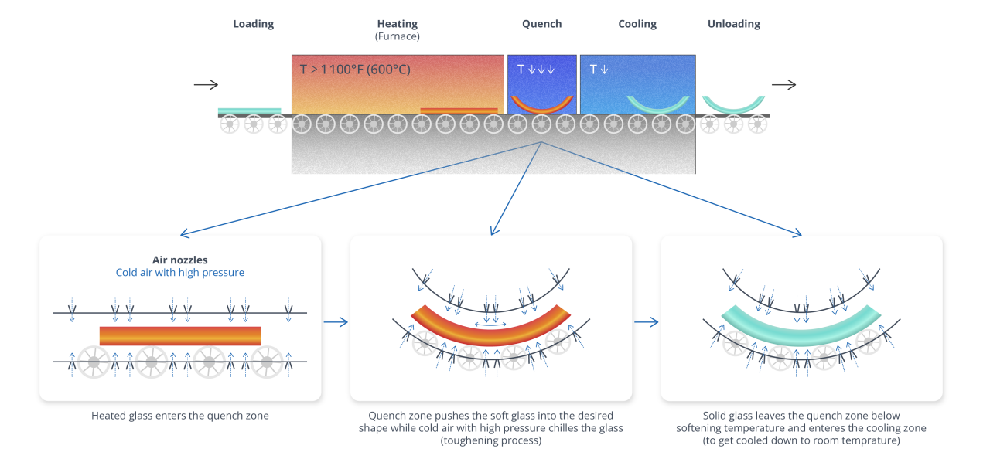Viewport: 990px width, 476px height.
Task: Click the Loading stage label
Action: (x=254, y=24)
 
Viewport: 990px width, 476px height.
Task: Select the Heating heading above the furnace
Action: (x=398, y=24)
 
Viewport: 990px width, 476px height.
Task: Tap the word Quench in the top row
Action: (x=541, y=24)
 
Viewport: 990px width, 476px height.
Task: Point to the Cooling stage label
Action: (x=637, y=24)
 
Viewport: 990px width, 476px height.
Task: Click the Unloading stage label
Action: (x=733, y=24)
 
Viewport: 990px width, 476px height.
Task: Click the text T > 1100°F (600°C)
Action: (x=355, y=70)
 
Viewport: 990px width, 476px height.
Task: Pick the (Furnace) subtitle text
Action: (x=398, y=36)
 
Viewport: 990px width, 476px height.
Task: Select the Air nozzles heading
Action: (x=179, y=260)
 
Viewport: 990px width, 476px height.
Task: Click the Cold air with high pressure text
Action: (x=179, y=273)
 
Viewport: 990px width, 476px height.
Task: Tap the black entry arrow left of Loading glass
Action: (x=206, y=85)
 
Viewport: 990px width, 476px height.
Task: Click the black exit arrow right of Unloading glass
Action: (x=783, y=85)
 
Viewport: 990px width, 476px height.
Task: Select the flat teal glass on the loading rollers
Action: (x=249, y=111)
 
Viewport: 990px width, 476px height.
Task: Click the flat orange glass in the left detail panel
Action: (x=180, y=336)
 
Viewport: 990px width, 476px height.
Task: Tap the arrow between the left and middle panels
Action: (x=335, y=322)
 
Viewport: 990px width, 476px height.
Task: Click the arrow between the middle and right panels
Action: (x=646, y=322)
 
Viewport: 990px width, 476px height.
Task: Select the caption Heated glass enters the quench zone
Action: (x=180, y=416)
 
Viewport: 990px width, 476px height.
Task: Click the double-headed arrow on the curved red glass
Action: (x=491, y=325)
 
